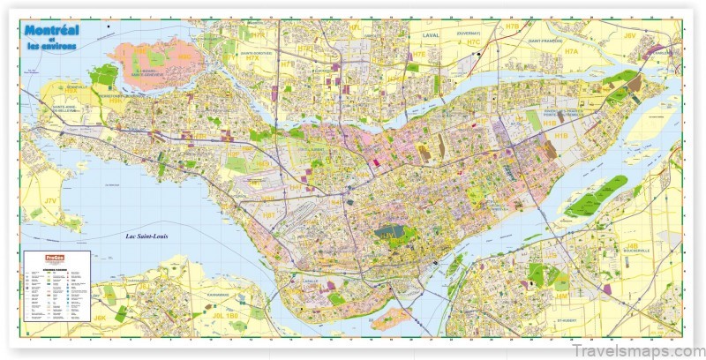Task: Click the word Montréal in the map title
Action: (x=52, y=31)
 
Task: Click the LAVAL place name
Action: (x=431, y=35)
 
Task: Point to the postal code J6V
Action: (x=630, y=35)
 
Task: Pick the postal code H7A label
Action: (x=572, y=52)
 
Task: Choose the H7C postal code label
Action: (x=473, y=42)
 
